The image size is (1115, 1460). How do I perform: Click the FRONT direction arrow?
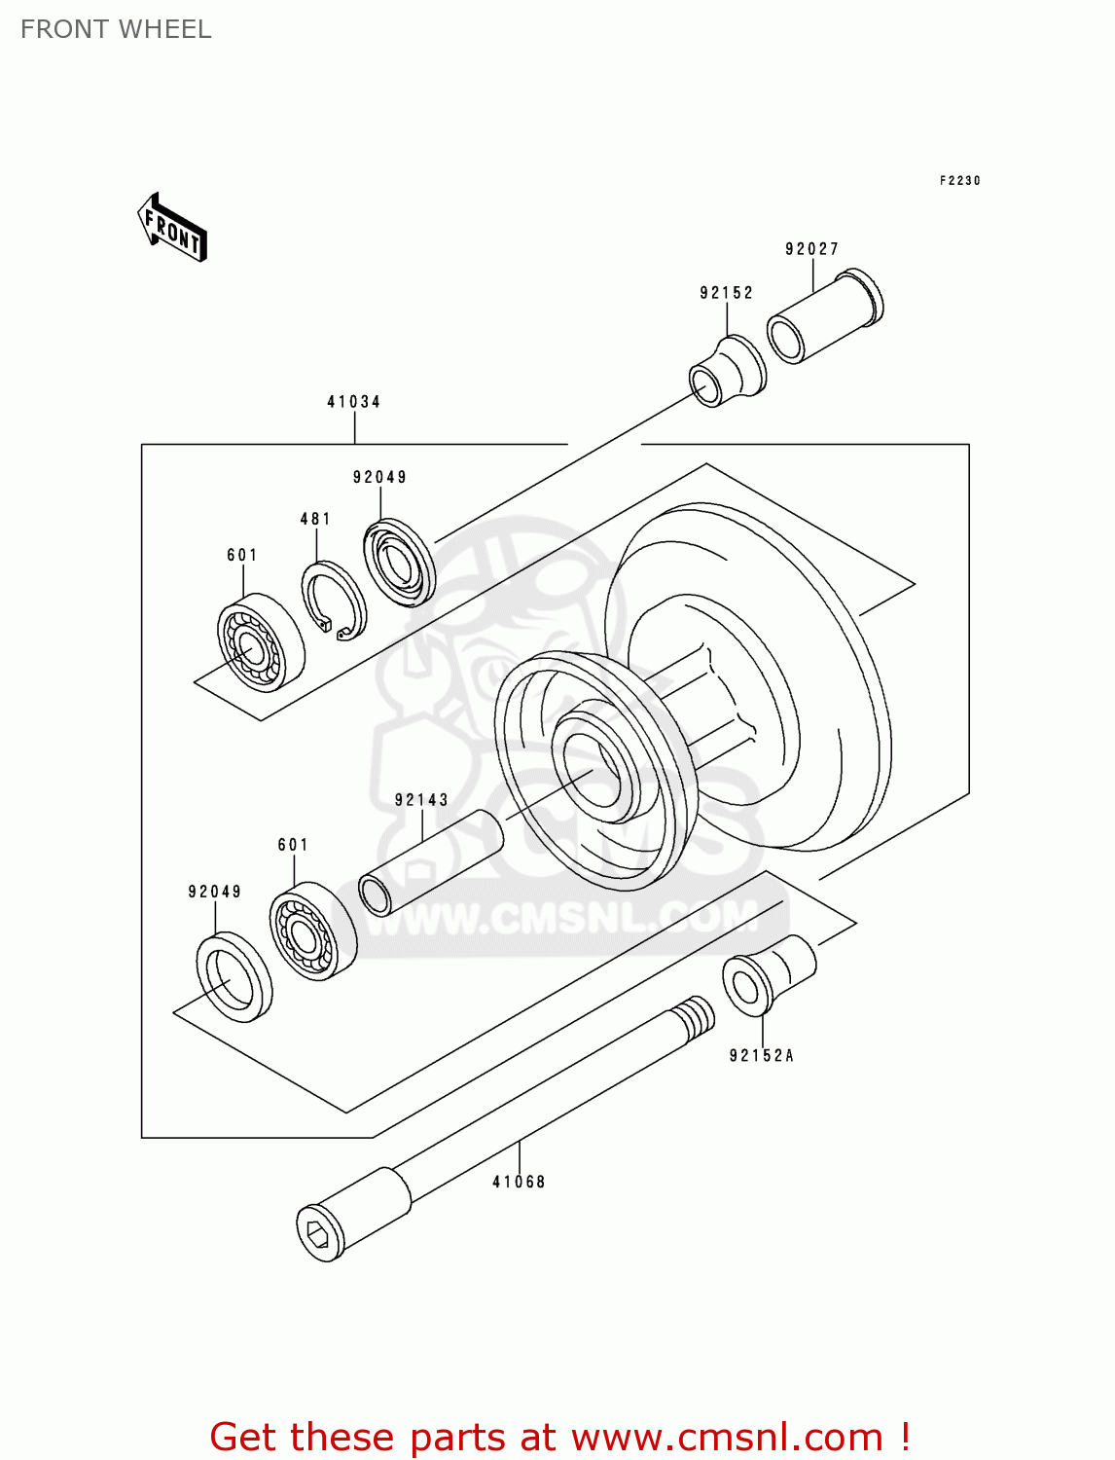(172, 228)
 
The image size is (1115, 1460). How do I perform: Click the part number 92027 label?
(811, 249)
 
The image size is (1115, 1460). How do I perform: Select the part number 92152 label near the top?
(726, 293)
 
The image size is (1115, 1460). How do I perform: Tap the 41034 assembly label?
(353, 402)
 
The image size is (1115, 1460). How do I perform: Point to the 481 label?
(315, 520)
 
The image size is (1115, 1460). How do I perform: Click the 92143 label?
(421, 800)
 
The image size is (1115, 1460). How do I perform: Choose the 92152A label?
(762, 1056)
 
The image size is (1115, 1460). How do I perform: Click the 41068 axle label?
(519, 1182)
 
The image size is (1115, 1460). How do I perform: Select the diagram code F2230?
(959, 181)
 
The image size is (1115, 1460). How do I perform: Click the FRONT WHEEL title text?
(116, 29)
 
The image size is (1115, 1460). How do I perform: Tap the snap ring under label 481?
(334, 602)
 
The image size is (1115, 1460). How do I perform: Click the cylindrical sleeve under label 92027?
(825, 317)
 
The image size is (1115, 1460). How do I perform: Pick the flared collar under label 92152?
(728, 371)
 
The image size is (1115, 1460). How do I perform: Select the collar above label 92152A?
(768, 975)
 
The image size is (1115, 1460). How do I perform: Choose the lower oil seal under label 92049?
(234, 977)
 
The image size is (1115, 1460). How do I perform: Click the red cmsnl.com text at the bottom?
(559, 1437)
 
